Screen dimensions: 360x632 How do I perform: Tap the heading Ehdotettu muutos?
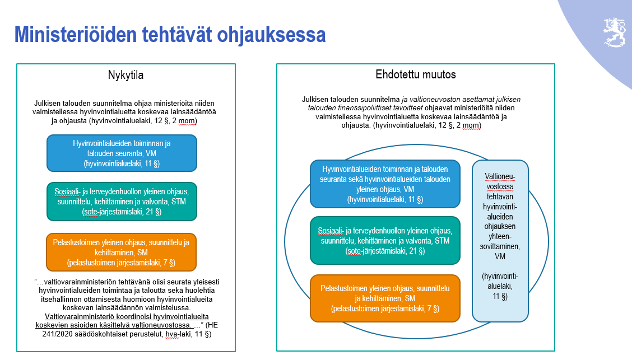415,74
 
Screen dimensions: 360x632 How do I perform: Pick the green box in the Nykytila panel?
122,201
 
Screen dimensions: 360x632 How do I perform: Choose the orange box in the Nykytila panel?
122,252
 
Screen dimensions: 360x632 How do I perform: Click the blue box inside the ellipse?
385,184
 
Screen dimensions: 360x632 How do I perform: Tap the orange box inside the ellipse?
385,298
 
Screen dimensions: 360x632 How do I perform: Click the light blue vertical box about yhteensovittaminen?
500,240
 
